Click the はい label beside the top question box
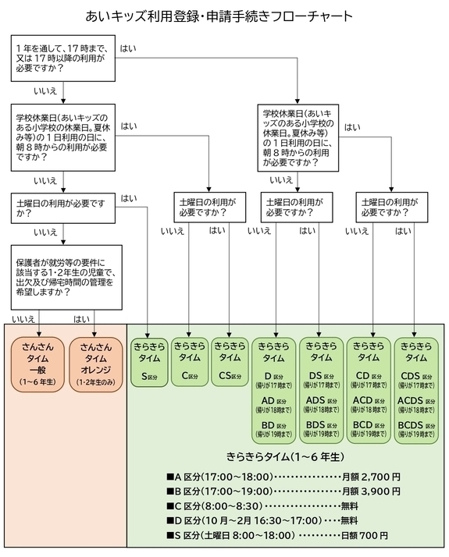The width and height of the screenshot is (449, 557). [128, 48]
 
